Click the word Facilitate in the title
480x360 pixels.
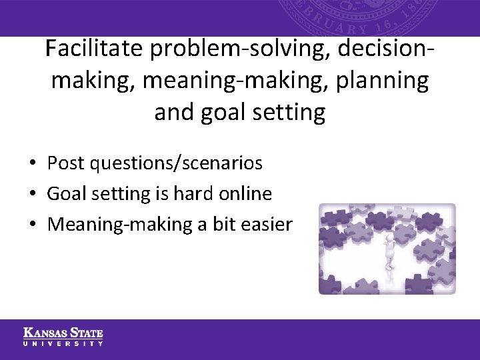95,49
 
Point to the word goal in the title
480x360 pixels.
217,112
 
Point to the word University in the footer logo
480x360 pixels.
63,343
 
